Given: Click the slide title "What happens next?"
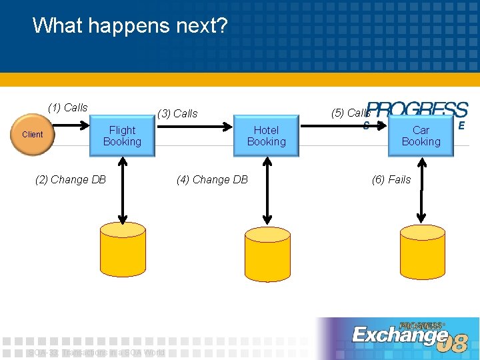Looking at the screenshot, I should pyautogui.click(x=130, y=26).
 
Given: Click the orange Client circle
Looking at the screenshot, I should pyautogui.click(x=32, y=135).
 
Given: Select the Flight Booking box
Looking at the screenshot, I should pyautogui.click(x=123, y=136).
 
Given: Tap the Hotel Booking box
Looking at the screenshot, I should pyautogui.click(x=266, y=136).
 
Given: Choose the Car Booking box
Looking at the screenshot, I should pyautogui.click(x=421, y=136).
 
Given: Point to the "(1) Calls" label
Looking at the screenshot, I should pyautogui.click(x=67, y=107).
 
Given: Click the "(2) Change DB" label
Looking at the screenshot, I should pyautogui.click(x=70, y=179).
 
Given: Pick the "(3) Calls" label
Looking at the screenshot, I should pyautogui.click(x=177, y=113).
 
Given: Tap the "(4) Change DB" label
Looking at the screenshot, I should pyautogui.click(x=212, y=179).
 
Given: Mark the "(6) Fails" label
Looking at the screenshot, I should pyautogui.click(x=391, y=179).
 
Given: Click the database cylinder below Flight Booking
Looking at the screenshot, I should pyautogui.click(x=123, y=247).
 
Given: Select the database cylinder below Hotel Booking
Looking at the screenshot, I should pyautogui.click(x=267, y=253).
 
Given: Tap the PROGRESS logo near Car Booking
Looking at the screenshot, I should pyautogui.click(x=417, y=110).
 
